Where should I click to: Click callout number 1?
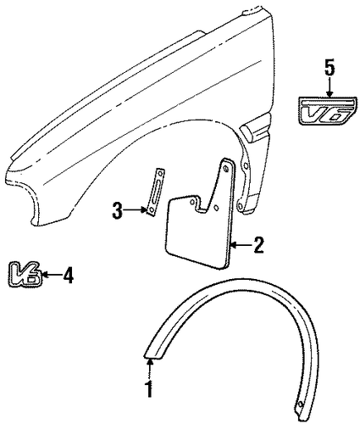[150, 388]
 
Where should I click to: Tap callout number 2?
[258, 245]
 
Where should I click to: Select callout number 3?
[117, 210]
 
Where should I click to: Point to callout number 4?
[68, 276]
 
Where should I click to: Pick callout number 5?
[330, 67]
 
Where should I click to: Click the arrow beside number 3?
[136, 210]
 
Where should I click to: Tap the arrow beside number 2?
[241, 245]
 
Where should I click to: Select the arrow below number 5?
[330, 87]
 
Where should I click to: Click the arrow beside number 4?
[52, 274]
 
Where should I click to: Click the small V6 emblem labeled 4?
[25, 274]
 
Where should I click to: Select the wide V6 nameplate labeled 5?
[328, 111]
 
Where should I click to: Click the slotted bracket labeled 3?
[155, 192]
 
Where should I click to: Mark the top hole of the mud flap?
[226, 169]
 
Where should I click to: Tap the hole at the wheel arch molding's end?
[300, 404]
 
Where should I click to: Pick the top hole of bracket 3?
[160, 173]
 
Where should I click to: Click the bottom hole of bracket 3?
[151, 210]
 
